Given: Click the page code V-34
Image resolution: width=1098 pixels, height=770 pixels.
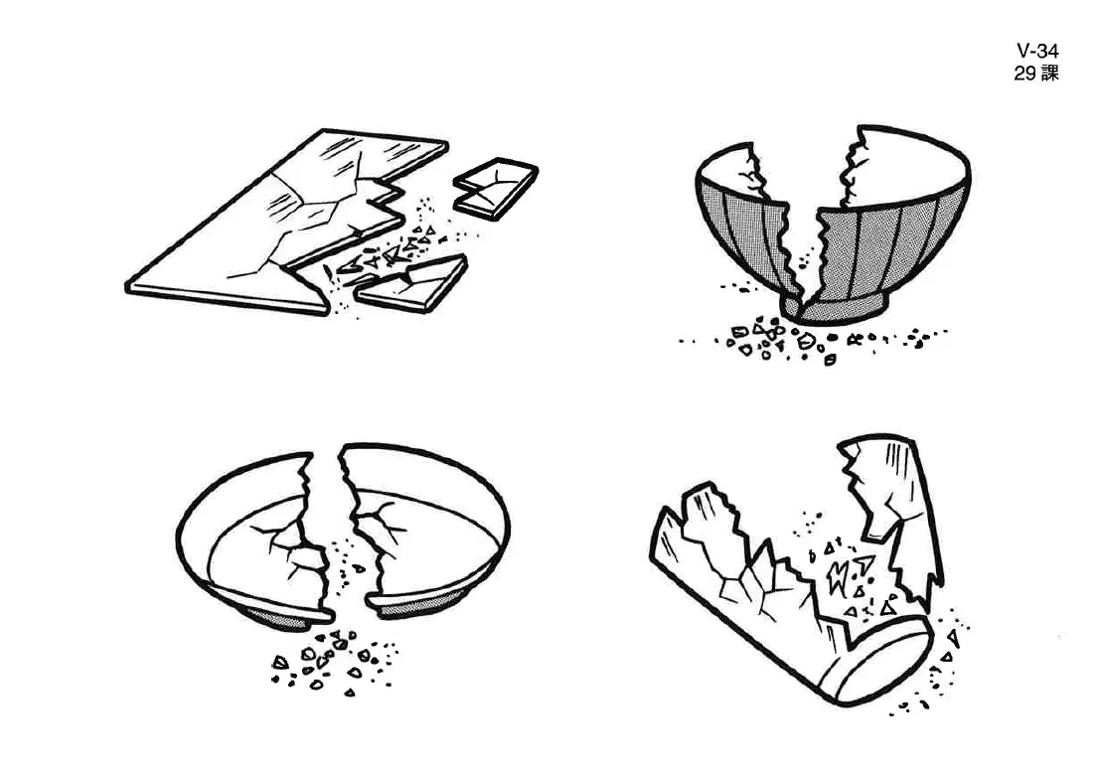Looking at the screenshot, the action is tap(1037, 51).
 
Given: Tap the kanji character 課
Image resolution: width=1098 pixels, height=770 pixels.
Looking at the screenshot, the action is tap(1049, 73).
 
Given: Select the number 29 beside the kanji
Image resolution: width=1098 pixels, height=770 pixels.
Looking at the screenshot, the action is tap(1025, 73).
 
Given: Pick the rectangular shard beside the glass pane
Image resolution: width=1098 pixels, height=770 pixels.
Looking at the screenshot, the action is tap(495, 188).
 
